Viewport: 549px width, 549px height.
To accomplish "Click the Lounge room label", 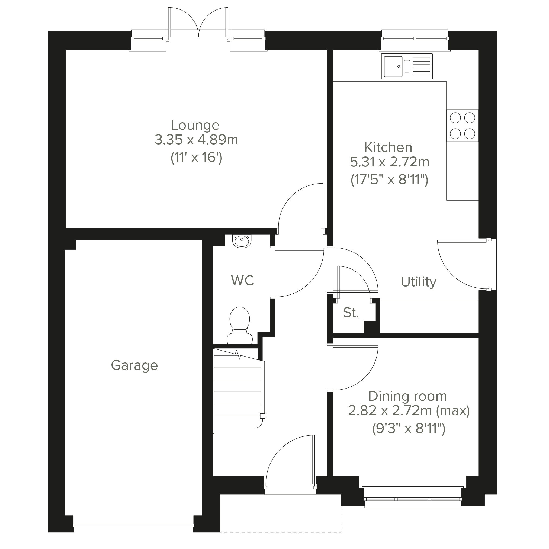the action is pyautogui.click(x=195, y=125).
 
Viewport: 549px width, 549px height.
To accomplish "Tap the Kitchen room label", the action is pyautogui.click(x=388, y=147).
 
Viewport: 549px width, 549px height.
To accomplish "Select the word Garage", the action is pyautogui.click(x=134, y=366).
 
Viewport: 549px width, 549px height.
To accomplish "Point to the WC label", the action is pyautogui.click(x=243, y=281).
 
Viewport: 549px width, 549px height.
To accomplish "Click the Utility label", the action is pyautogui.click(x=418, y=282).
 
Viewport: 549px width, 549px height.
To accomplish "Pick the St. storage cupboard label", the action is pyautogui.click(x=351, y=313).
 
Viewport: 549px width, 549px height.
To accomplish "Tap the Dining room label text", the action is pyautogui.click(x=407, y=396).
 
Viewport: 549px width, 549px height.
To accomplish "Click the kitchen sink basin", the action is pyautogui.click(x=393, y=66).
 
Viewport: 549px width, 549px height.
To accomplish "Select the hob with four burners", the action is pyautogui.click(x=462, y=126).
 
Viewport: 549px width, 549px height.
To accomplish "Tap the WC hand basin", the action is pyautogui.click(x=242, y=241).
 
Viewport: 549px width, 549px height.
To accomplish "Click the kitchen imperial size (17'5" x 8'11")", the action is pyautogui.click(x=389, y=180).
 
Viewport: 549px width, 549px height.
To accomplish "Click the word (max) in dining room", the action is pyautogui.click(x=453, y=411).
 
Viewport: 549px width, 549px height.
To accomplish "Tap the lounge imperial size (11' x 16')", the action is pyautogui.click(x=196, y=158).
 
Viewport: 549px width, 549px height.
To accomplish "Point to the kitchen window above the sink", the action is pyautogui.click(x=415, y=38).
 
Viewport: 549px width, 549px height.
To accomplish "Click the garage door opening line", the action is pyautogui.click(x=133, y=525).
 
